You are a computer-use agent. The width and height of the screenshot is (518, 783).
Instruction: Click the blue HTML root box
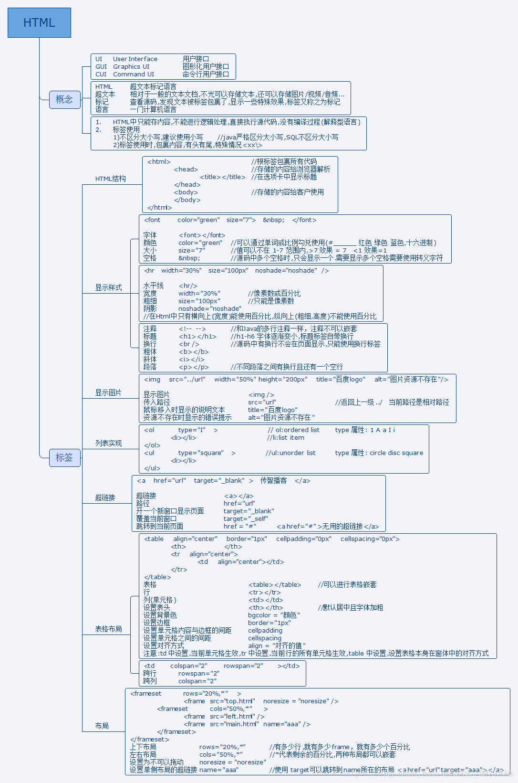(x=39, y=22)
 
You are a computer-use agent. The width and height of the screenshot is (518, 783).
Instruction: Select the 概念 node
(x=64, y=99)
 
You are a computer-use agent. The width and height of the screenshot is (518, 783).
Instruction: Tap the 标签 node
(x=64, y=457)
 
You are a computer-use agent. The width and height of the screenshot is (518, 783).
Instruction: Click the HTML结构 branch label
(x=110, y=179)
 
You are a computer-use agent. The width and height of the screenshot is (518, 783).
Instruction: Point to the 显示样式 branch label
(x=108, y=287)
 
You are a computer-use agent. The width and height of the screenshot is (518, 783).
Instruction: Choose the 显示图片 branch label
(x=108, y=392)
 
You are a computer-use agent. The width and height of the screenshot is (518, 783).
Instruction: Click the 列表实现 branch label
(x=108, y=443)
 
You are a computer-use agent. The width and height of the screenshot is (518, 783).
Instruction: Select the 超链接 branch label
(x=105, y=497)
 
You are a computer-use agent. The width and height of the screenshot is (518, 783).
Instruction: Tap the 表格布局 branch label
(x=108, y=629)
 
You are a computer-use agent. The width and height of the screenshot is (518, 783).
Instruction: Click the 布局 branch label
(x=102, y=726)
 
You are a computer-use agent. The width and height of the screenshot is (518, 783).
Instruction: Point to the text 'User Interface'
(x=135, y=59)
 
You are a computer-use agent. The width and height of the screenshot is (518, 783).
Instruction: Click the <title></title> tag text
(x=222, y=177)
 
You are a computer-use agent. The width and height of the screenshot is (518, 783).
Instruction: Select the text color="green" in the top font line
(x=198, y=220)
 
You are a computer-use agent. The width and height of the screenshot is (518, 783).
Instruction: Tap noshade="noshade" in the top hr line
(x=286, y=271)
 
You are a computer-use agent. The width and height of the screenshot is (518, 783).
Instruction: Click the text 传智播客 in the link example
(x=273, y=481)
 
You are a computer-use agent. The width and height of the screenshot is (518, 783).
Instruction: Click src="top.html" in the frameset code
(x=232, y=701)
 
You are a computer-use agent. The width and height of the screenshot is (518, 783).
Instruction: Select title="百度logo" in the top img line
(x=341, y=380)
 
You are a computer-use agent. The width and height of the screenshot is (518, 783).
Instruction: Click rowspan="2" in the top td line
(x=243, y=666)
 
